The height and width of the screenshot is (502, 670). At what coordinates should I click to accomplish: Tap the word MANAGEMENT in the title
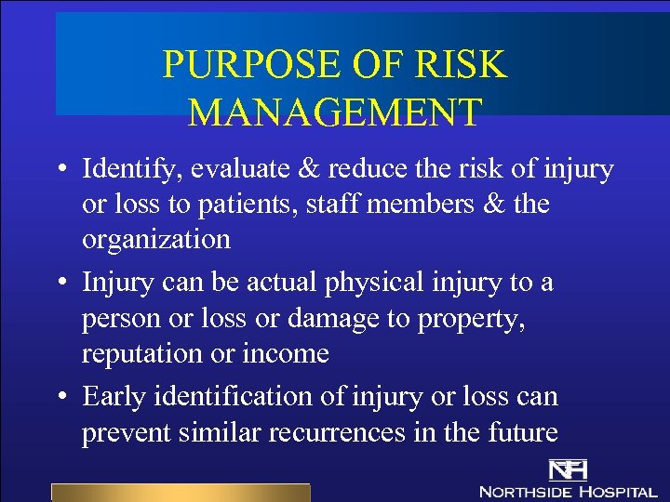[x=335, y=112]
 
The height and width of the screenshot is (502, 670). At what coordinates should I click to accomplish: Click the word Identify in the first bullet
[x=119, y=170]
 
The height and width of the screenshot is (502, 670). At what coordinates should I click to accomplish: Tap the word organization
[x=156, y=240]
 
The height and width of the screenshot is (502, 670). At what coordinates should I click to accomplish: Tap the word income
[x=292, y=354]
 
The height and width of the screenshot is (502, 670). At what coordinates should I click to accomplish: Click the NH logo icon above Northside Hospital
[x=566, y=469]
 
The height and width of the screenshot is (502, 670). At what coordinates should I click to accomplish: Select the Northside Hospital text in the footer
[x=568, y=491]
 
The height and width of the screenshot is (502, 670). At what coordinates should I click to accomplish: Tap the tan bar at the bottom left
[x=180, y=493]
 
